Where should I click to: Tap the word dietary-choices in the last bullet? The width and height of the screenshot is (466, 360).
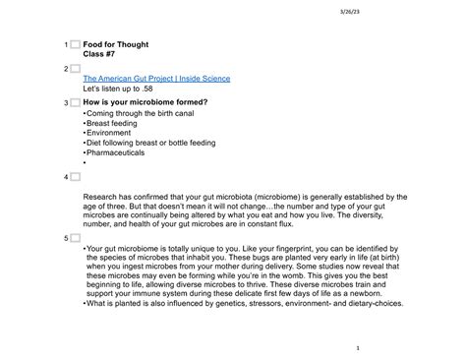(391, 303)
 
